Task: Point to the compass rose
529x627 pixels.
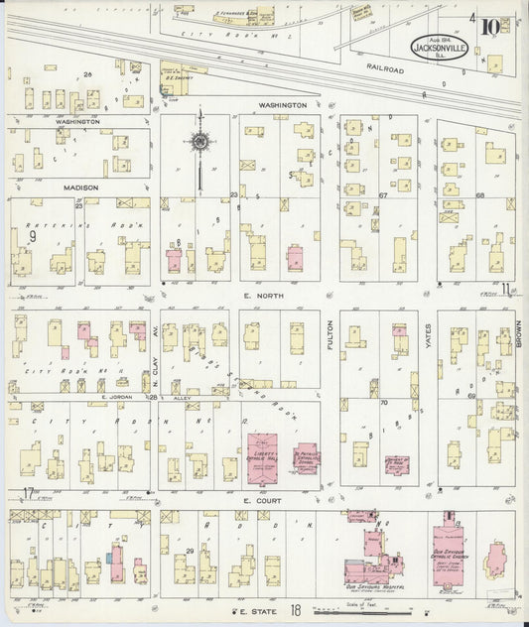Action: coord(199,142)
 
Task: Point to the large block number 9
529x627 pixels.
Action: coord(32,236)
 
